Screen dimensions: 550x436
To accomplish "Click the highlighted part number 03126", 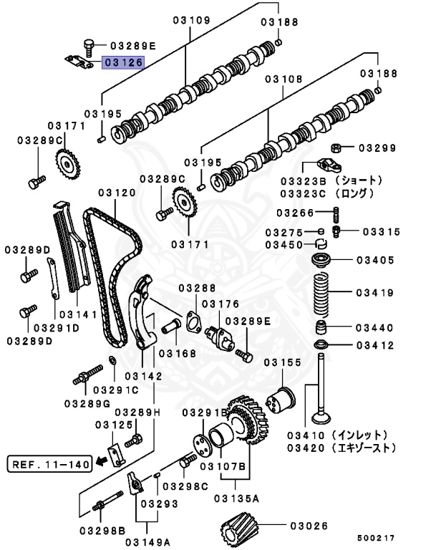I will click(x=122, y=63).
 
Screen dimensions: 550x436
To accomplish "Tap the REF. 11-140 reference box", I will click(x=49, y=464).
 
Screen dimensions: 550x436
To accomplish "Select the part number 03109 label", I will click(x=191, y=21).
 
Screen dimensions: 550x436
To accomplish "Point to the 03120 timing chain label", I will click(x=117, y=193).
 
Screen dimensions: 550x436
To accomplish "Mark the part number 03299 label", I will click(x=377, y=148).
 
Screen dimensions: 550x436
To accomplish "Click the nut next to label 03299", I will click(x=344, y=148).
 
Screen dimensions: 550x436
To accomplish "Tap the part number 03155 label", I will click(x=282, y=363).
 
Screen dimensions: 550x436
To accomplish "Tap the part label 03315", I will click(x=381, y=231).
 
